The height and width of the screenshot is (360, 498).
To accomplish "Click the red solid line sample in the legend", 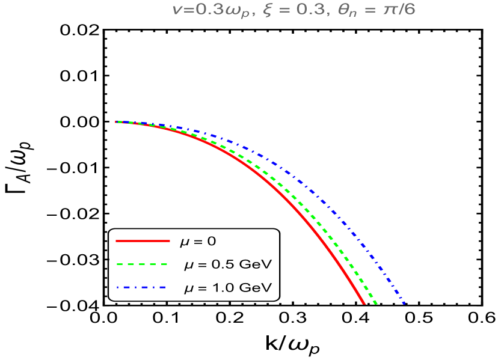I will pyautogui.click(x=143, y=241).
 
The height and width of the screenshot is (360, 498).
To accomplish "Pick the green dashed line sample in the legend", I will pyautogui.click(x=141, y=264).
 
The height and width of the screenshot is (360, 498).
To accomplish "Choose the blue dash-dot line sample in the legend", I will pyautogui.click(x=141, y=287).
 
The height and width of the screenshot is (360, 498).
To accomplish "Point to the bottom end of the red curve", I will pyautogui.click(x=364, y=304).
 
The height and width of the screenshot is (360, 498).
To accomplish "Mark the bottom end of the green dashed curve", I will pyautogui.click(x=376, y=304).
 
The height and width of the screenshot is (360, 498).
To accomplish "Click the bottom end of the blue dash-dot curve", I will pyautogui.click(x=404, y=304).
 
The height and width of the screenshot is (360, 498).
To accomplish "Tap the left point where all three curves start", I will pyautogui.click(x=116, y=122).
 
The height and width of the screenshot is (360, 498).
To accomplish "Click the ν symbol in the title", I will pyautogui.click(x=176, y=11).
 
